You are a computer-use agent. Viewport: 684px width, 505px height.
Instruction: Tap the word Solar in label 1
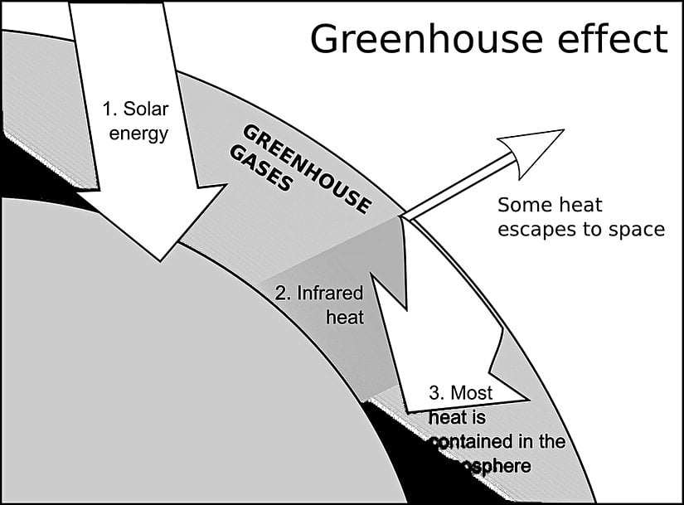coord(146,109)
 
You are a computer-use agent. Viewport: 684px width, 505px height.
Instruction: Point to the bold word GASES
coord(262,169)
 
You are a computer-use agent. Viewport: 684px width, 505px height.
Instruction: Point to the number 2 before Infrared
coord(280,293)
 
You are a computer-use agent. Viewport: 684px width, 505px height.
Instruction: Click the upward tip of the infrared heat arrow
coord(400,218)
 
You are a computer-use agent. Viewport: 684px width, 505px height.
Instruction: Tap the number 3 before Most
coord(435,392)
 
